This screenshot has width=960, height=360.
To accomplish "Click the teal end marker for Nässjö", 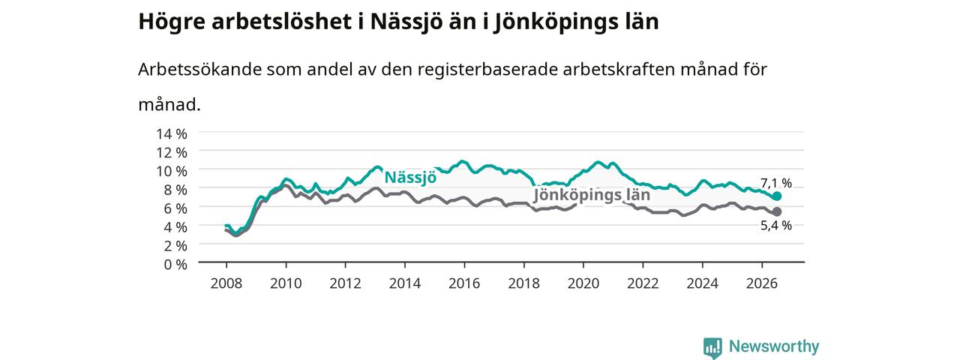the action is tap(776, 196).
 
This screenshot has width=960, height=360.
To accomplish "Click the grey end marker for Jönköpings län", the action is tap(776, 211).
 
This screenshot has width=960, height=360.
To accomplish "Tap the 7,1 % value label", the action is tap(776, 184).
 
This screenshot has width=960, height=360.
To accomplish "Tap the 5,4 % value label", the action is tap(776, 226).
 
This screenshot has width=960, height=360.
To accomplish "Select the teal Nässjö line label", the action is tap(410, 177).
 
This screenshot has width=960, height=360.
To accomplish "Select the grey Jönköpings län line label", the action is tap(592, 196).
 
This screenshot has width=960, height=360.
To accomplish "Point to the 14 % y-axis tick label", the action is tap(172, 134).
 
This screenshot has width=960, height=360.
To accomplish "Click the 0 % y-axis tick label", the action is tap(175, 265).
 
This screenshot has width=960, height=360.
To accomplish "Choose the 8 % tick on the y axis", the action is tap(175, 190).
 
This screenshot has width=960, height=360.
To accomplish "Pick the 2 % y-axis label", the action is tap(175, 246).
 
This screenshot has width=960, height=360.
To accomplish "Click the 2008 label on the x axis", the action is tap(226, 283).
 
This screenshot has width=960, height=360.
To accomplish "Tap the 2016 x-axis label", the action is tap(464, 283).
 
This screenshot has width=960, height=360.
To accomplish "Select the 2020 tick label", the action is tap(583, 283).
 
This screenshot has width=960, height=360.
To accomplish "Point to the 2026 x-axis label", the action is tap(762, 283).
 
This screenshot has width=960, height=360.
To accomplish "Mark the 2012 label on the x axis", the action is tap(346, 283).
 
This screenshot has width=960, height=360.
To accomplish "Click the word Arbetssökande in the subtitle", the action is tap(199, 70).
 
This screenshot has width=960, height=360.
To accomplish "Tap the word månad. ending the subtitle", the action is tap(169, 104).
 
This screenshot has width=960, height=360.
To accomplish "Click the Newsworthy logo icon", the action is tap(712, 347).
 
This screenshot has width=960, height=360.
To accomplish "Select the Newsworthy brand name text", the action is tap(774, 346).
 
